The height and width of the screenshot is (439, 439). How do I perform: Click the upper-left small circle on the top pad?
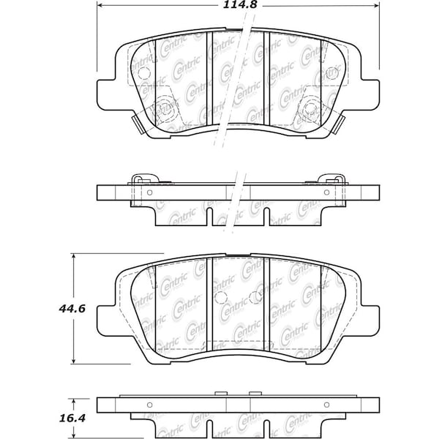143,72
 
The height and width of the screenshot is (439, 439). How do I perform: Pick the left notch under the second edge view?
210,217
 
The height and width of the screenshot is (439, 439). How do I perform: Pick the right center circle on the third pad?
255,298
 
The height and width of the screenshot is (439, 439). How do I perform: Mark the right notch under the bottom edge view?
267,429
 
